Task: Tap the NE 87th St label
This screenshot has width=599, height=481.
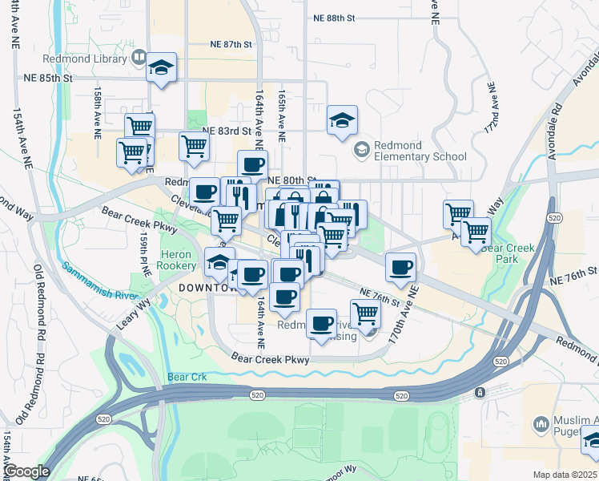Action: point(231,46)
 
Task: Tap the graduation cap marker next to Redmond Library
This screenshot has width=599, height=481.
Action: point(161,70)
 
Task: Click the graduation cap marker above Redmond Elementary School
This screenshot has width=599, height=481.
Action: point(342,122)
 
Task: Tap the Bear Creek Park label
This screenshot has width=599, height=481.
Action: point(512,254)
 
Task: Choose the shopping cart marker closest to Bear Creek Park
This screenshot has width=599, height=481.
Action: point(476,233)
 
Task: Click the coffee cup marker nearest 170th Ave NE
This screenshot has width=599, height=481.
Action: point(400,269)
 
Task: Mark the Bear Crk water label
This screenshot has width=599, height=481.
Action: point(187,377)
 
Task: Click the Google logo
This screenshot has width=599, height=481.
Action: point(26,471)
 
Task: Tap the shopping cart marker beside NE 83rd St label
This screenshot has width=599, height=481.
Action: point(193,147)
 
